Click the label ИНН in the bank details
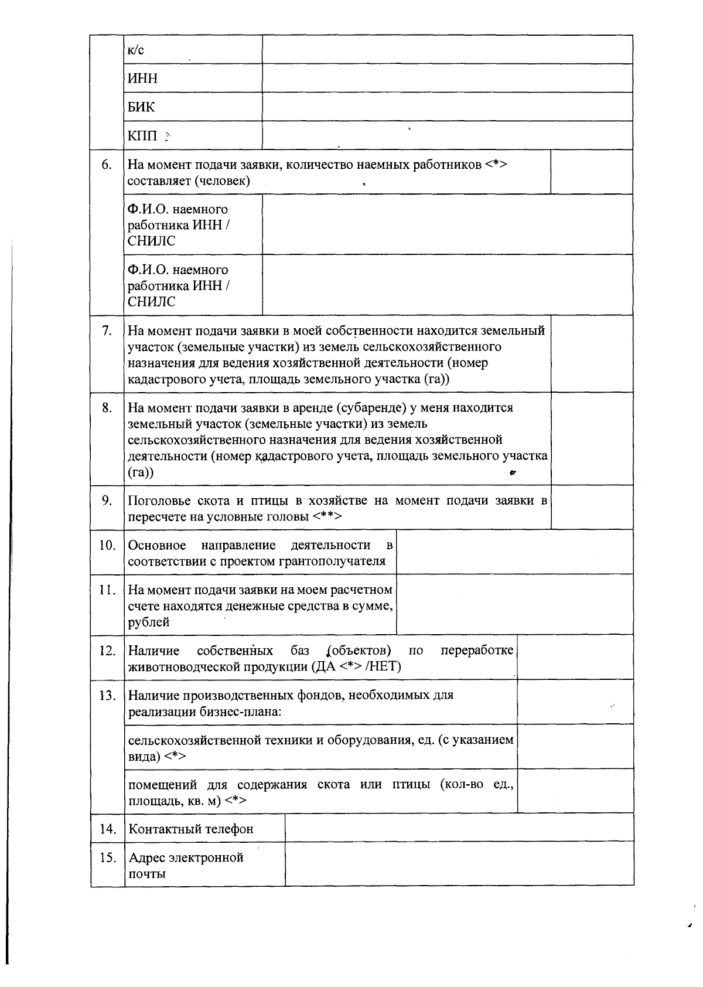coord(142,79)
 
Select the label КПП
coord(143,136)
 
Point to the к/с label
coord(135,50)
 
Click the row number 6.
coord(107,165)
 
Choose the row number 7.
coord(107,331)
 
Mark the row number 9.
coord(107,501)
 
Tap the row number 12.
coord(107,651)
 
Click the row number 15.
coord(107,858)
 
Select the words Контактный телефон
coord(191,829)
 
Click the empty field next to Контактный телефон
coord(459,828)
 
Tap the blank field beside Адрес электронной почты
coord(459,865)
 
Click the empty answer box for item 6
coord(591,172)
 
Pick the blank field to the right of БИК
coord(447,107)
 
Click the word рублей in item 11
coord(149,622)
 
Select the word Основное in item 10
coord(157,546)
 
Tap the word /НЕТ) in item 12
coord(384,666)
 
